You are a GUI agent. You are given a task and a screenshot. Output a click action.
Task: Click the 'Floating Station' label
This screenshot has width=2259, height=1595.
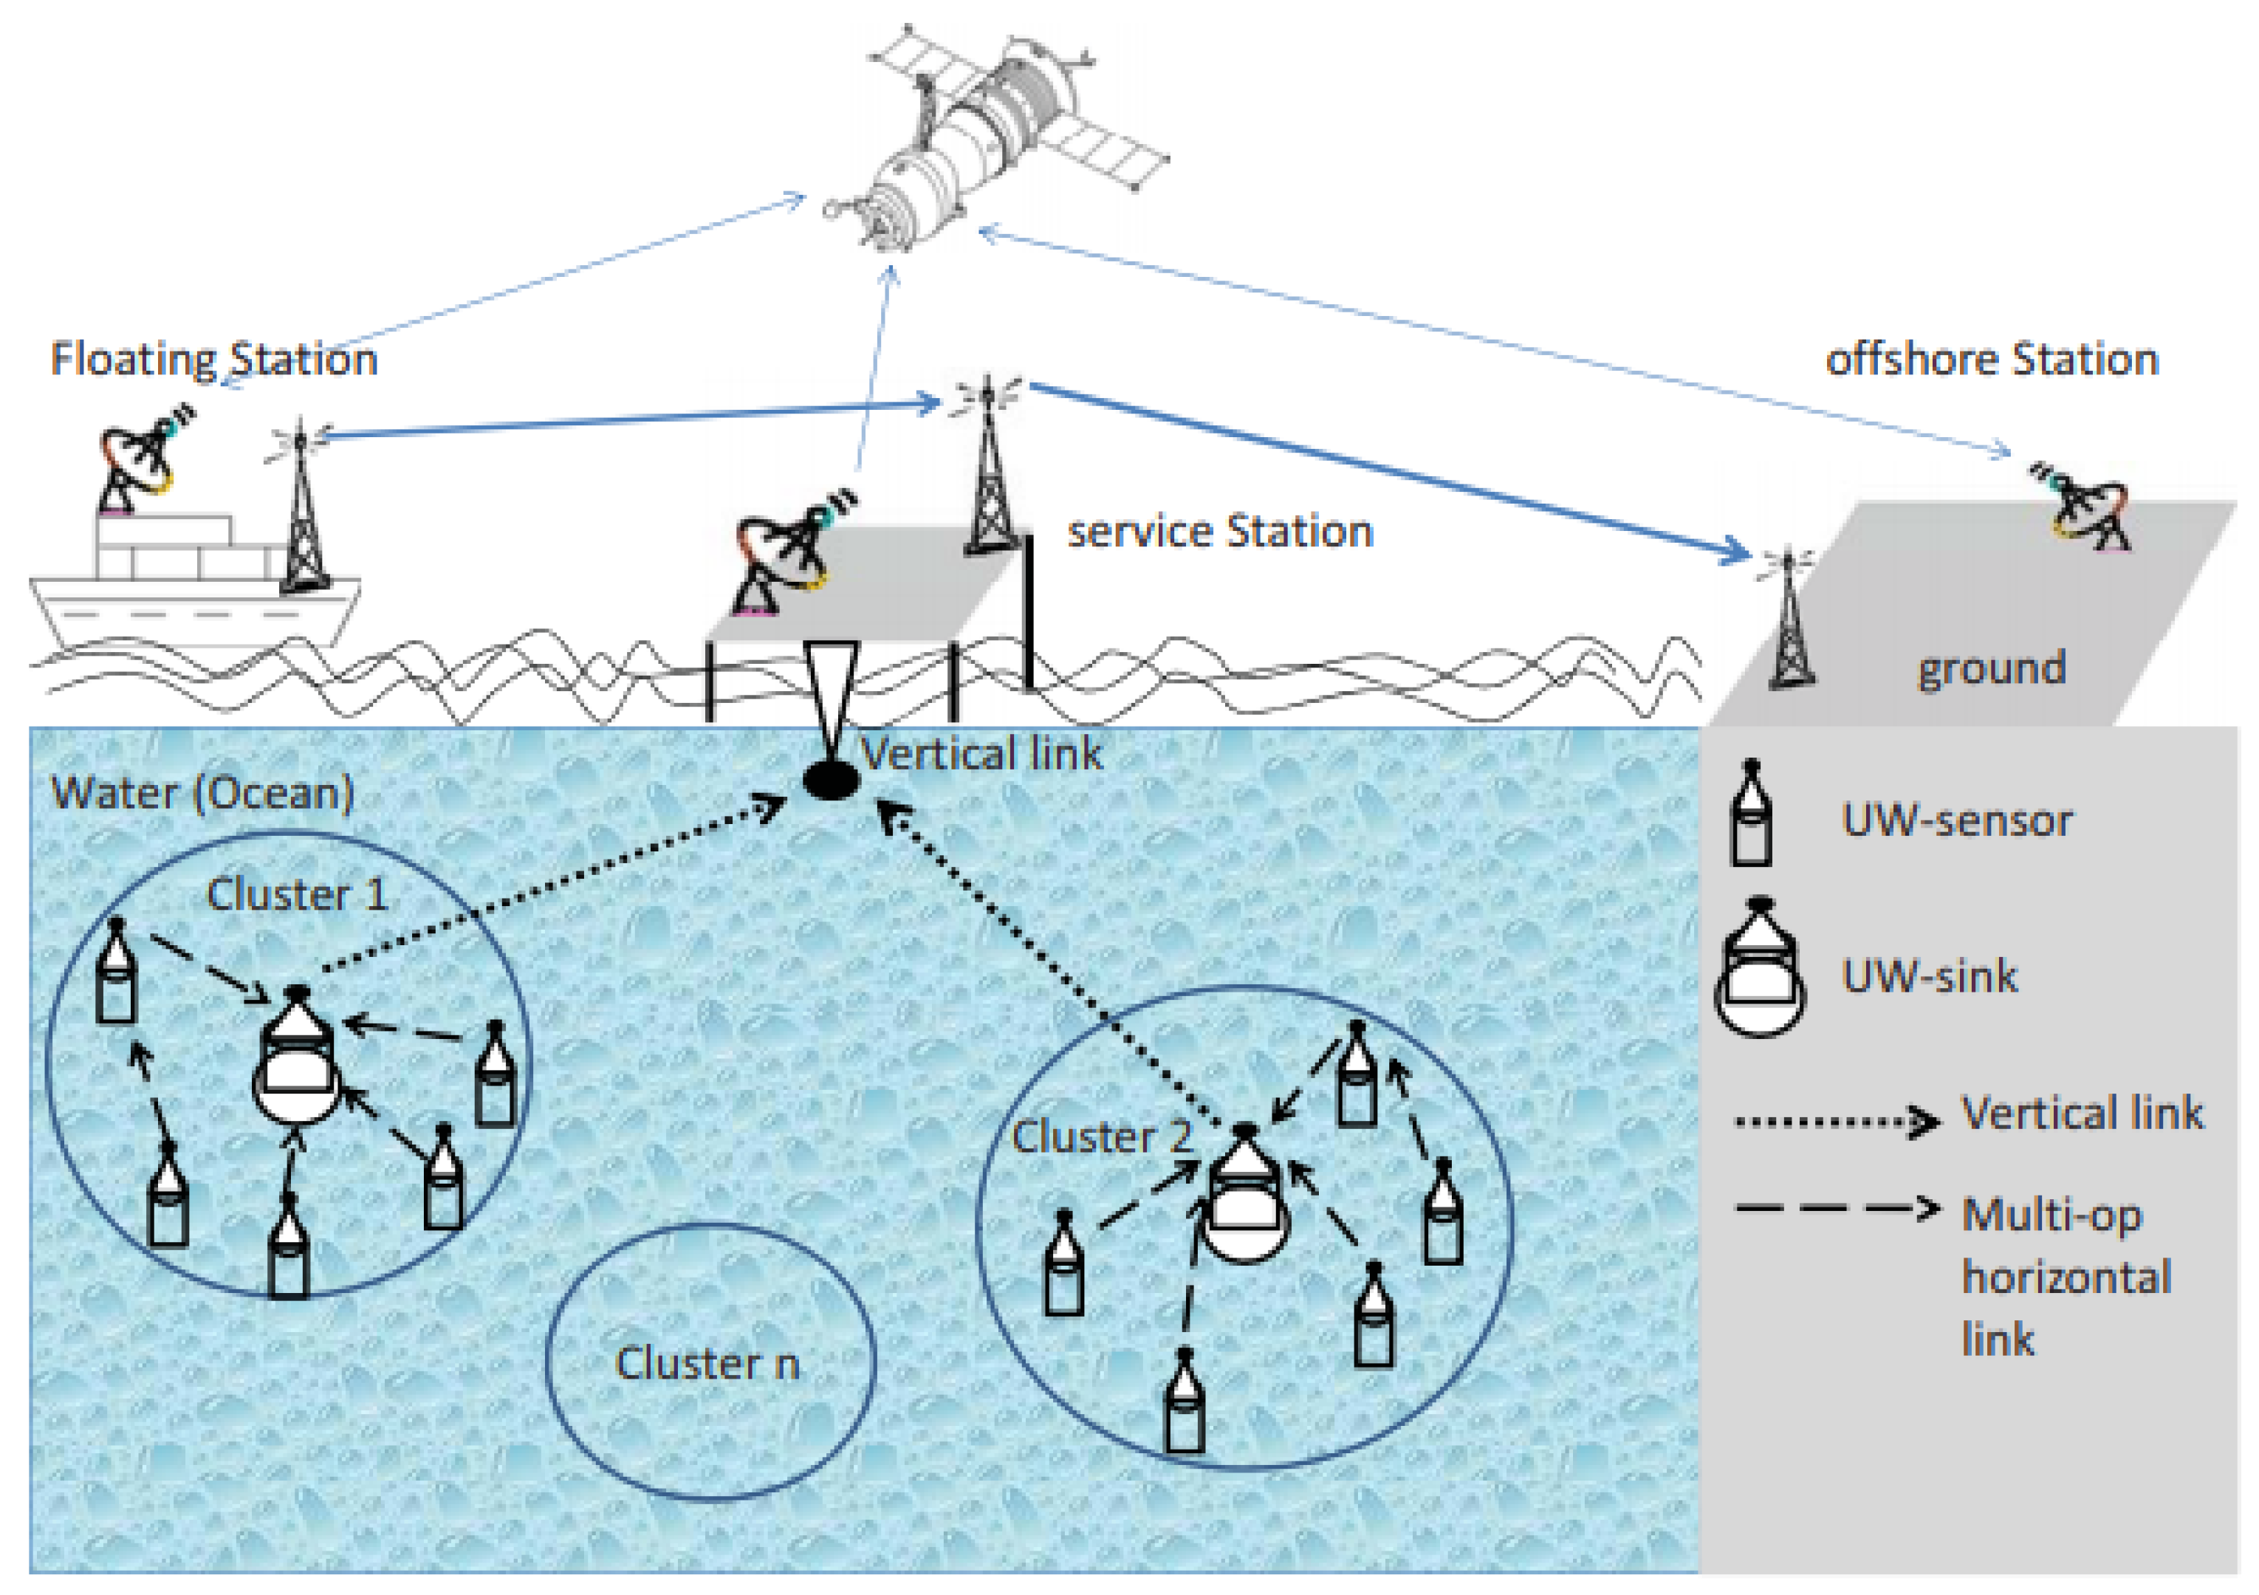(x=213, y=359)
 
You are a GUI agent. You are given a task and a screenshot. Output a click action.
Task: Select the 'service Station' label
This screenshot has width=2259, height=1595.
(x=1220, y=532)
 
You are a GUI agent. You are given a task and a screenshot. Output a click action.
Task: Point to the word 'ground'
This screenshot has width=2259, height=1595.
(x=1992, y=668)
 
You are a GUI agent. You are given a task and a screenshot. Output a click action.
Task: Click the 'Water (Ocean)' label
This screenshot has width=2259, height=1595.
(x=202, y=793)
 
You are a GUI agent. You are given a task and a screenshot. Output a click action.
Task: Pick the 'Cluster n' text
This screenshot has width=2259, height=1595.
(x=707, y=1364)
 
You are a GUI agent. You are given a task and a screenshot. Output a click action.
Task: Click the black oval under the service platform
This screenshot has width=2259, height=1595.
(x=832, y=781)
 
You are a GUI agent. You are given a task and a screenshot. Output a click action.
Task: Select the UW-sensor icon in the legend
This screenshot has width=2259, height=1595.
(x=1752, y=814)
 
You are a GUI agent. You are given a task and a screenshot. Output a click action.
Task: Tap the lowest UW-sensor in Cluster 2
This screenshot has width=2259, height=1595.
(x=1185, y=1402)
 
